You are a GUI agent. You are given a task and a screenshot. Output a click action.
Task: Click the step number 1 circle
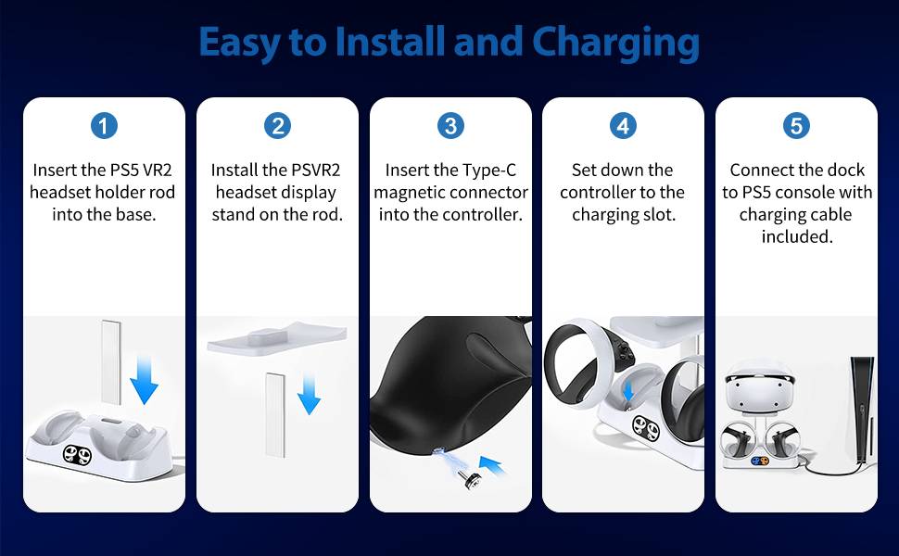tap(105, 126)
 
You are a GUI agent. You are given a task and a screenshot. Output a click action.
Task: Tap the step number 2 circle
tap(277, 126)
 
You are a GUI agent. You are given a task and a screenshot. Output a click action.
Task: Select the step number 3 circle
tap(450, 126)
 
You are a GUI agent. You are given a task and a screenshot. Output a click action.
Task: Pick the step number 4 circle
tap(623, 126)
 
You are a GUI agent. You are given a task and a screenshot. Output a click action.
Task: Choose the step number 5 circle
tap(796, 126)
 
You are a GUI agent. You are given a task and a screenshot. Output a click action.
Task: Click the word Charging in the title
tap(615, 43)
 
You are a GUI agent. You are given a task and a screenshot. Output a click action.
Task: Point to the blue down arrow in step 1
tap(144, 380)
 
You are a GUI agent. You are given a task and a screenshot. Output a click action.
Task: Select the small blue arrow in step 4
tap(628, 390)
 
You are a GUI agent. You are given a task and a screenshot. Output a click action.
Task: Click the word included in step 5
tap(797, 236)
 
